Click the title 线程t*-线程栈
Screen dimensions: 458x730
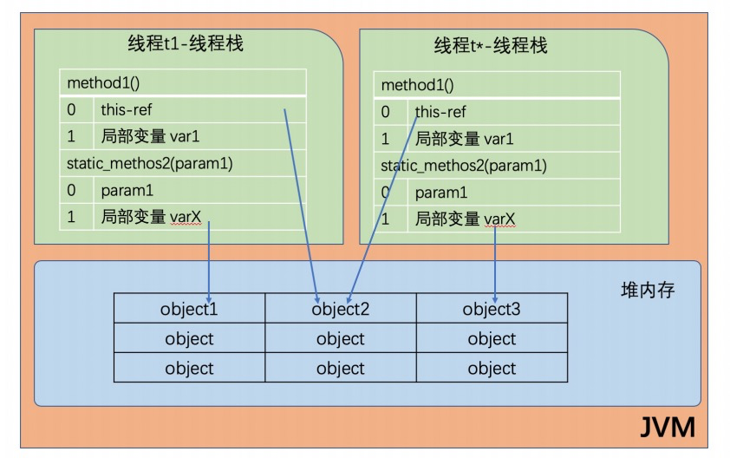point(490,45)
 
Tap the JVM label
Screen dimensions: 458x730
point(667,428)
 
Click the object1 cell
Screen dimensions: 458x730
point(188,309)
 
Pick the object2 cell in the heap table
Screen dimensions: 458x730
point(340,309)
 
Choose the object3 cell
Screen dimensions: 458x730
point(492,309)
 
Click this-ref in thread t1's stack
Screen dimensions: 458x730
point(127,110)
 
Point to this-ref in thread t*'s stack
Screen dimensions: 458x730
point(440,112)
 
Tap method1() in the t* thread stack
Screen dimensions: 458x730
point(417,86)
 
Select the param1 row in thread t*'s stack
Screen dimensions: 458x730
point(440,193)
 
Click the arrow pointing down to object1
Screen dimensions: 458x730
point(210,260)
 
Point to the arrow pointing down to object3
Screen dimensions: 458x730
point(495,260)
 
